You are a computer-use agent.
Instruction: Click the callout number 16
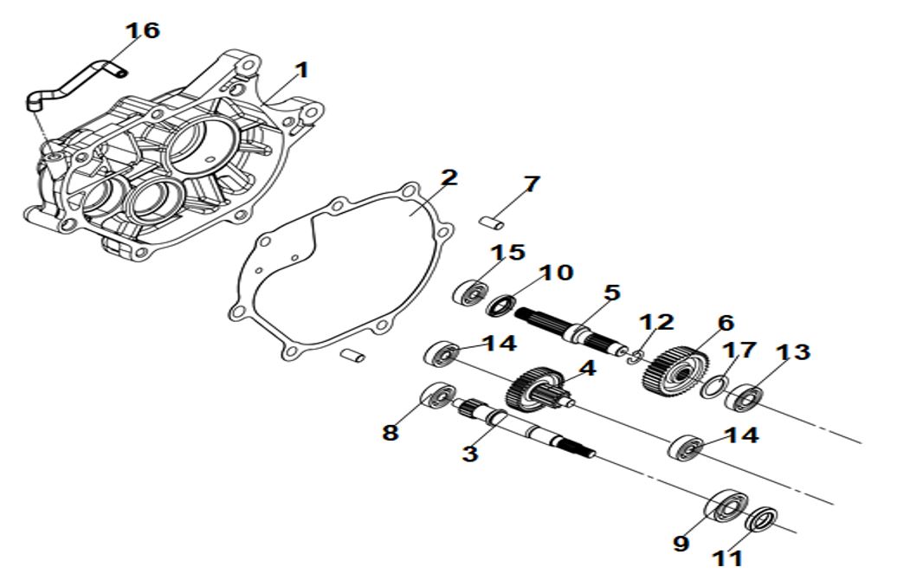pyautogui.click(x=142, y=30)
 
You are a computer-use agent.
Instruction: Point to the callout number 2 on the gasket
pyautogui.click(x=448, y=178)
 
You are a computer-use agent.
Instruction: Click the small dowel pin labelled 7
pyautogui.click(x=492, y=222)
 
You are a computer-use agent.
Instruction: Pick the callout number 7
pyautogui.click(x=531, y=184)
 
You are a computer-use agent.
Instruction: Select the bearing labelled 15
pyautogui.click(x=468, y=291)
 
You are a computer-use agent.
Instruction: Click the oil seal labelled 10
pyautogui.click(x=502, y=305)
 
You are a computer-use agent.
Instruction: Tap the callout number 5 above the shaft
pyautogui.click(x=611, y=293)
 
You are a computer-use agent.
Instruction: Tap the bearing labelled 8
pyautogui.click(x=438, y=396)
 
